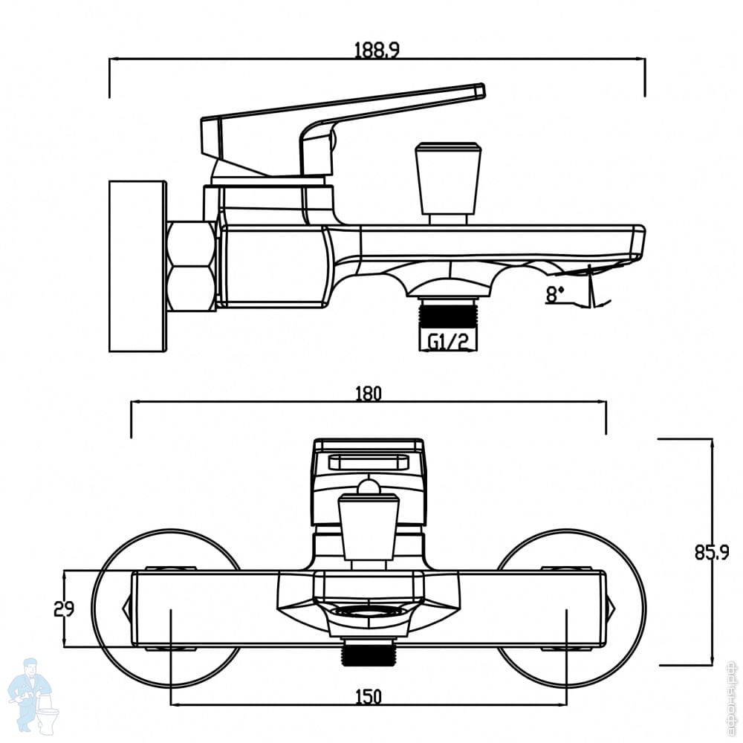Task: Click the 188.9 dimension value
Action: [x=377, y=49]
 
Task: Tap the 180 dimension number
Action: [x=369, y=393]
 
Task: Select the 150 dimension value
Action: [x=369, y=697]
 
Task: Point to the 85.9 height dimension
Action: [x=713, y=553]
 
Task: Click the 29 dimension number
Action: [x=64, y=609]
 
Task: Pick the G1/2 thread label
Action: [x=448, y=342]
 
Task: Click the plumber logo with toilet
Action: [x=35, y=698]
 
